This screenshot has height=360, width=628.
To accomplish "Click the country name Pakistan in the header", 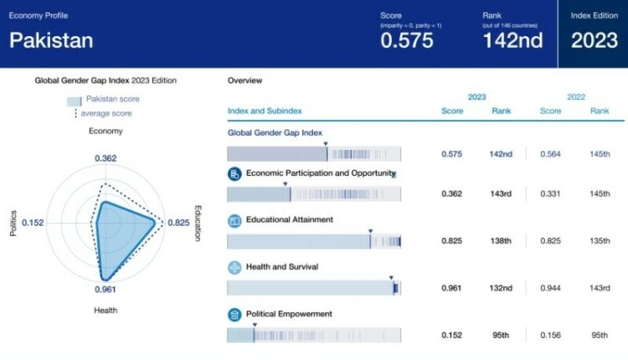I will click(51, 40).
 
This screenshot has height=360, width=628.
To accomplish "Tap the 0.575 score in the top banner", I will click(407, 40).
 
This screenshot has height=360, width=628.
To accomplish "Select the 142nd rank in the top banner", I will click(513, 40).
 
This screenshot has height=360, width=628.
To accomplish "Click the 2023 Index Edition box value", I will click(593, 40).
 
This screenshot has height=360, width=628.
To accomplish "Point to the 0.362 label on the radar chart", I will click(106, 158).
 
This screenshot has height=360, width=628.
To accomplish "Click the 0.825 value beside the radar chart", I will click(178, 223).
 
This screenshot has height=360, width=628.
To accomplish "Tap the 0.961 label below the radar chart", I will click(105, 290).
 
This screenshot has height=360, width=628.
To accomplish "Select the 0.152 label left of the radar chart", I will click(33, 223).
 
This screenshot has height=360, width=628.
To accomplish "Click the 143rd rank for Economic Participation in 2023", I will click(501, 193).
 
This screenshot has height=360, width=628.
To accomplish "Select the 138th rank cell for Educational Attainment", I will click(501, 241).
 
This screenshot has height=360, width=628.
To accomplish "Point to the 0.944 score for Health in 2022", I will click(550, 288).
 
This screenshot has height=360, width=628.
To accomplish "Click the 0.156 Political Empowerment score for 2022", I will click(550, 335).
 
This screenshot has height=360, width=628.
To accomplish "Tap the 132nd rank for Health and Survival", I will click(501, 288).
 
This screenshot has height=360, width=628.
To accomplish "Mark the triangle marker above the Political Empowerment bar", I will click(255, 325).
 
